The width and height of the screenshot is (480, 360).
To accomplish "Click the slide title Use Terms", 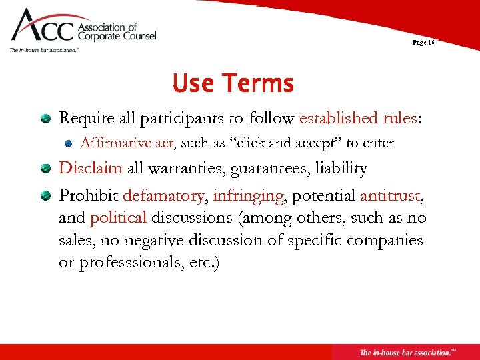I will click(x=233, y=84).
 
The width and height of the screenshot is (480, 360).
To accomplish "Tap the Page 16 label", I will click(x=423, y=42).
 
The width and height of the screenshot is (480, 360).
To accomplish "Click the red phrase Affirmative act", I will click(x=126, y=143).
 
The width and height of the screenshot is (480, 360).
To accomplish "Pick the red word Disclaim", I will click(x=90, y=168).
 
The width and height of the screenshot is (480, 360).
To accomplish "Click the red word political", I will click(x=118, y=217).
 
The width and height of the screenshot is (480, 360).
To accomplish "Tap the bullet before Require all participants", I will click(x=45, y=119).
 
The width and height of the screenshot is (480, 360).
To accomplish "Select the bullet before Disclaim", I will click(x=45, y=169).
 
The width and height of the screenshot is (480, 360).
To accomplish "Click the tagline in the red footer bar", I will click(x=407, y=352).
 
